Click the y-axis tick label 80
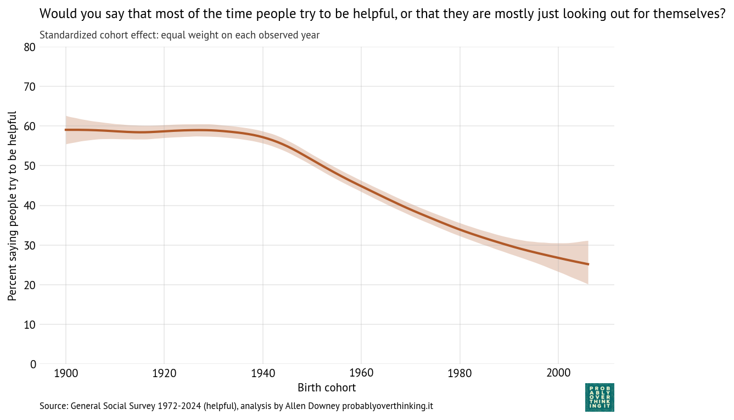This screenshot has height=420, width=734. tap(30, 47)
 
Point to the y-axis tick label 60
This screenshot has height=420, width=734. tap(30, 126)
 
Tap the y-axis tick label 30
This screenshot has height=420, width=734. tap(30, 245)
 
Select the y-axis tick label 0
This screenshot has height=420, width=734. tap(33, 364)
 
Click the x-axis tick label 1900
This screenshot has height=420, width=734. tap(66, 373)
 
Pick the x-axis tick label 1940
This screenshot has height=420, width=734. tap(262, 373)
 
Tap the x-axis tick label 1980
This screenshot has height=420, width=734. tap(460, 373)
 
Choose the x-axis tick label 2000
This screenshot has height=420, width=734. tap(558, 373)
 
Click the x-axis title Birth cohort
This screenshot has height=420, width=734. tap(327, 388)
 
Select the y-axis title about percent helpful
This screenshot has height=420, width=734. tap(13, 206)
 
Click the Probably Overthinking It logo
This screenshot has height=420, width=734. tap(599, 397)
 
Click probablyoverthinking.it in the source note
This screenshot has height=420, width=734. tap(388, 406)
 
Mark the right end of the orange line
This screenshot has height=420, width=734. tap(588, 264)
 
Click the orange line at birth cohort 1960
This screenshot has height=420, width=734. tap(361, 186)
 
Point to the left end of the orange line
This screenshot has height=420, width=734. tap(66, 130)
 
